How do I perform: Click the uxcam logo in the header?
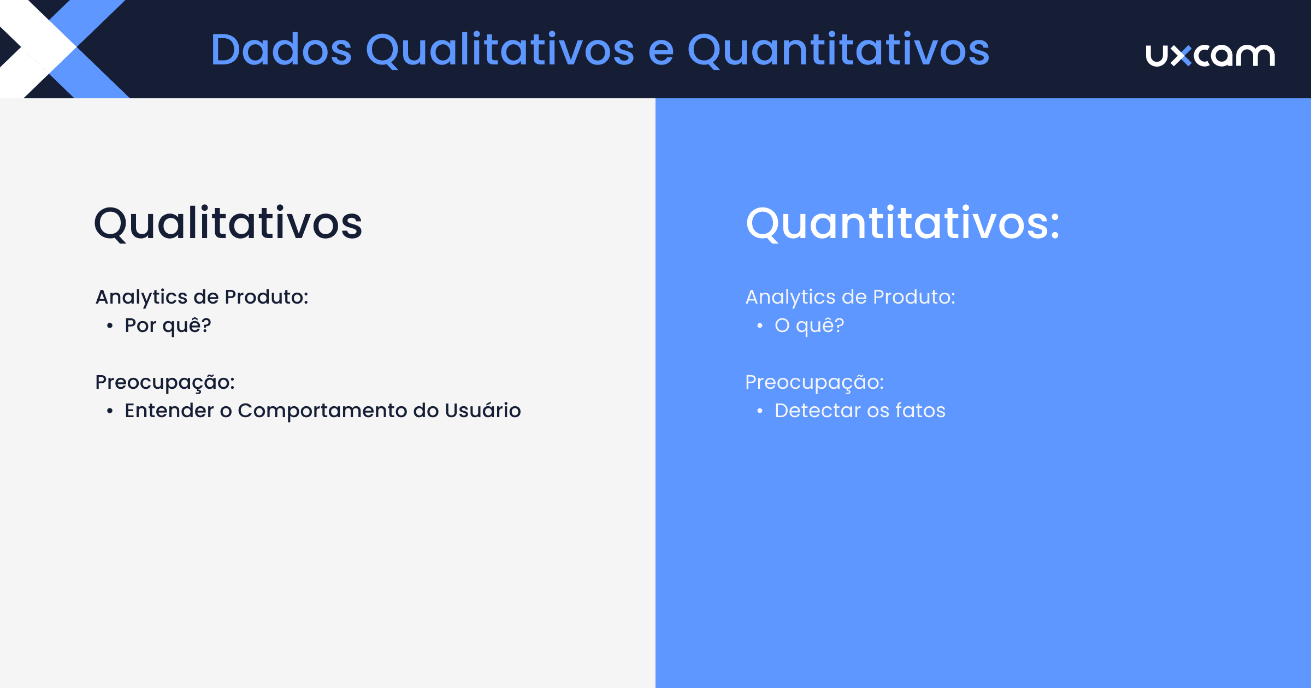pos(1210,55)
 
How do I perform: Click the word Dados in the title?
pos(281,50)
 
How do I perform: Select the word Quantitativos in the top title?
pos(838,50)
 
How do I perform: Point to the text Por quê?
pos(168,325)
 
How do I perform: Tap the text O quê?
pos(809,325)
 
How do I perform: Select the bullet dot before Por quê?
pos(110,326)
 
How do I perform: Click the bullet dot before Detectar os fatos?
pos(760,411)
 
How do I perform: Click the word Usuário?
pos(482,410)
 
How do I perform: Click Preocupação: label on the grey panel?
pos(164,382)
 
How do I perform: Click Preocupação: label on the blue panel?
pos(814,382)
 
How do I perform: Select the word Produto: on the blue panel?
pos(914,297)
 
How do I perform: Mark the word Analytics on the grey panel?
pos(141,298)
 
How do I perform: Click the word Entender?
pos(169,411)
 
